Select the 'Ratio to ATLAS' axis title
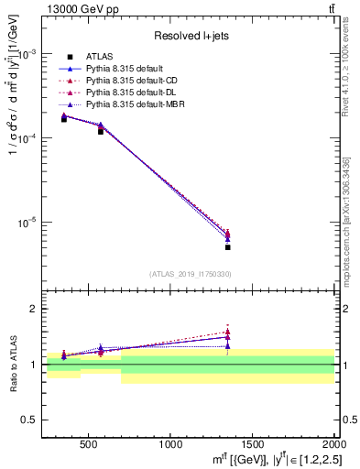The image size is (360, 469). pos(13,364)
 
